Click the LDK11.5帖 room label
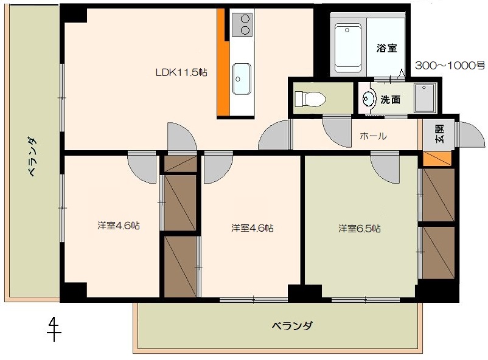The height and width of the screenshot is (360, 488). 181,73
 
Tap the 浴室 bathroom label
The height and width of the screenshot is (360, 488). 386,48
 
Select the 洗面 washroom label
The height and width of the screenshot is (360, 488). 390,100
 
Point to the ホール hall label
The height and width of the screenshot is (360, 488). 373,136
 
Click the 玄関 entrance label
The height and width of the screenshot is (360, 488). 439,134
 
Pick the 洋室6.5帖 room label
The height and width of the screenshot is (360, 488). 360,229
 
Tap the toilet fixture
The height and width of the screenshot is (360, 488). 310,99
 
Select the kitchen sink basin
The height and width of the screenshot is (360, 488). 242,79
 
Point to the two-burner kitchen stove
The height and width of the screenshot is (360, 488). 242,25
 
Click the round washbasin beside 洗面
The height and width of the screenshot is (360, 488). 369,99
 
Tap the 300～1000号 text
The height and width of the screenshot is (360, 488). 450,66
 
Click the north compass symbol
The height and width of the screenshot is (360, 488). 54,328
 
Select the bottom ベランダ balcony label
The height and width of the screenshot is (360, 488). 292,326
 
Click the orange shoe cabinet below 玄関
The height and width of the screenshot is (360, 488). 437,159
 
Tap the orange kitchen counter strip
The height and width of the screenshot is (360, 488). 223,61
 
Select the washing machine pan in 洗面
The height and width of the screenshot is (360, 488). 425,98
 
